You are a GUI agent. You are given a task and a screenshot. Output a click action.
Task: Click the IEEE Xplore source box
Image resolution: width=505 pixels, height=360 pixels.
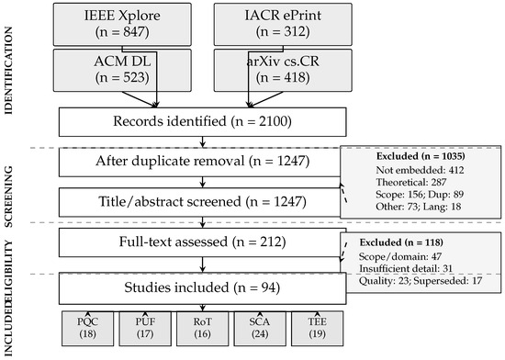click(x=122, y=24)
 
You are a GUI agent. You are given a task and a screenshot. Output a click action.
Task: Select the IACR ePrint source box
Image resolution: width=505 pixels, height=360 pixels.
click(x=283, y=24)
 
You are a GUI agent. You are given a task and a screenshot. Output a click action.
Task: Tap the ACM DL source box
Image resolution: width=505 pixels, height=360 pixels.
click(x=122, y=70)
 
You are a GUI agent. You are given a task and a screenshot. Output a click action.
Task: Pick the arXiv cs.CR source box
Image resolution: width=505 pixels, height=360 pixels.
click(x=283, y=70)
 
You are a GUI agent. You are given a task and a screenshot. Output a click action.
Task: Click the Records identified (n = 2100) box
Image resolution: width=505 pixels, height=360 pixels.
click(x=203, y=122)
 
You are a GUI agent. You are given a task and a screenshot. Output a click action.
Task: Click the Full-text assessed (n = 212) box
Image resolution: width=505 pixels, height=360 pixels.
click(x=203, y=242)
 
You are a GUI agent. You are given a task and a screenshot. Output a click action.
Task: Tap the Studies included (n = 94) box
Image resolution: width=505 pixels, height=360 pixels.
click(x=203, y=288)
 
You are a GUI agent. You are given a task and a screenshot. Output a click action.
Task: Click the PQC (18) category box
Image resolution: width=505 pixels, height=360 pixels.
click(x=87, y=329)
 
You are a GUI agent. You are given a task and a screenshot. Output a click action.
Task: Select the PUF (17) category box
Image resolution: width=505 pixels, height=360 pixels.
click(x=145, y=329)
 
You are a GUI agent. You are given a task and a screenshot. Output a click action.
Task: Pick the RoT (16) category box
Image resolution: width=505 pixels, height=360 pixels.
click(x=202, y=329)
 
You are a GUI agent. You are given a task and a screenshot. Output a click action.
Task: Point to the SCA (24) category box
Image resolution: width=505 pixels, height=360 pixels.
click(x=260, y=329)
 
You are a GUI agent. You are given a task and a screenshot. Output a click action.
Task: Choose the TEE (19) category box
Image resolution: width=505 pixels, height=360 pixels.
click(x=318, y=329)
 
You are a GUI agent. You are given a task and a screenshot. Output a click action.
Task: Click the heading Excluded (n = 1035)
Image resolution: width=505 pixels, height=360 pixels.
click(x=421, y=156)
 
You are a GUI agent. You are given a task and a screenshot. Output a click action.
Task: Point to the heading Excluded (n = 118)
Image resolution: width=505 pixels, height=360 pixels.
click(x=401, y=242)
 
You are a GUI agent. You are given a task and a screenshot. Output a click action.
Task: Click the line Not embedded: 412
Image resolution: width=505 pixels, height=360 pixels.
click(x=420, y=170)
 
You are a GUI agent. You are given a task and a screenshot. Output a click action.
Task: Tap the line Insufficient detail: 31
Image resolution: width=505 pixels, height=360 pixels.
click(x=406, y=268)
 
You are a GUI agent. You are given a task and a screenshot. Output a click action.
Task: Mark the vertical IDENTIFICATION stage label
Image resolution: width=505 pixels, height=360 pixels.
click(x=8, y=71)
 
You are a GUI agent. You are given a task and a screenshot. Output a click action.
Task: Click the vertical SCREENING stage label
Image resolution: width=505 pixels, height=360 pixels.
click(x=8, y=197)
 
